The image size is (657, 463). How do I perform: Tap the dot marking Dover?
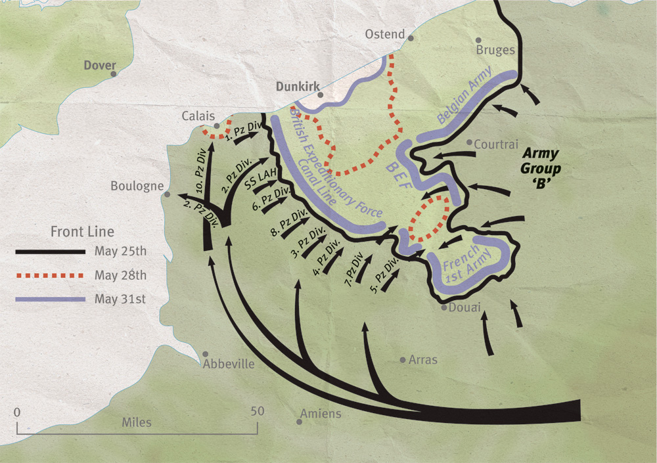114,74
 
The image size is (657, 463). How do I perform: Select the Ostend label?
385,34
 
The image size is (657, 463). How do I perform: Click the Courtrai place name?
496,144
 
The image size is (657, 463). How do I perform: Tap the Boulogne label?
137,186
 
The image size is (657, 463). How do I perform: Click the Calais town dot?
217,125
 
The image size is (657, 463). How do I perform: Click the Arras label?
422,360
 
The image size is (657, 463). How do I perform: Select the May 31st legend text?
120,299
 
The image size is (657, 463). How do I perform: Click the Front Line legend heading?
82,232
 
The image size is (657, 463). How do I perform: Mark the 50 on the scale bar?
257,411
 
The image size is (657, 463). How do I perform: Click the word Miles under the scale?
137,422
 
